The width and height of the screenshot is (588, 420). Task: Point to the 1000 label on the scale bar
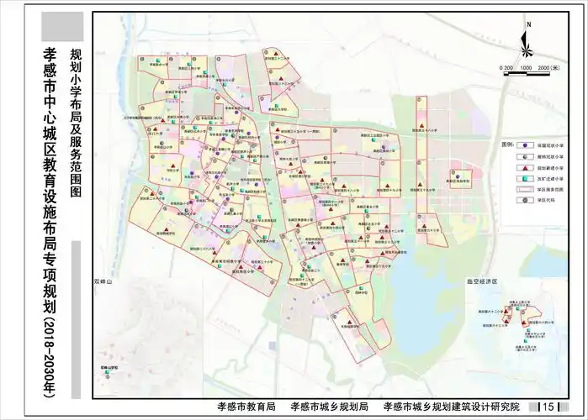[526, 67]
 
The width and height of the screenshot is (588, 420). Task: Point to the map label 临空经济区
[482, 281]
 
